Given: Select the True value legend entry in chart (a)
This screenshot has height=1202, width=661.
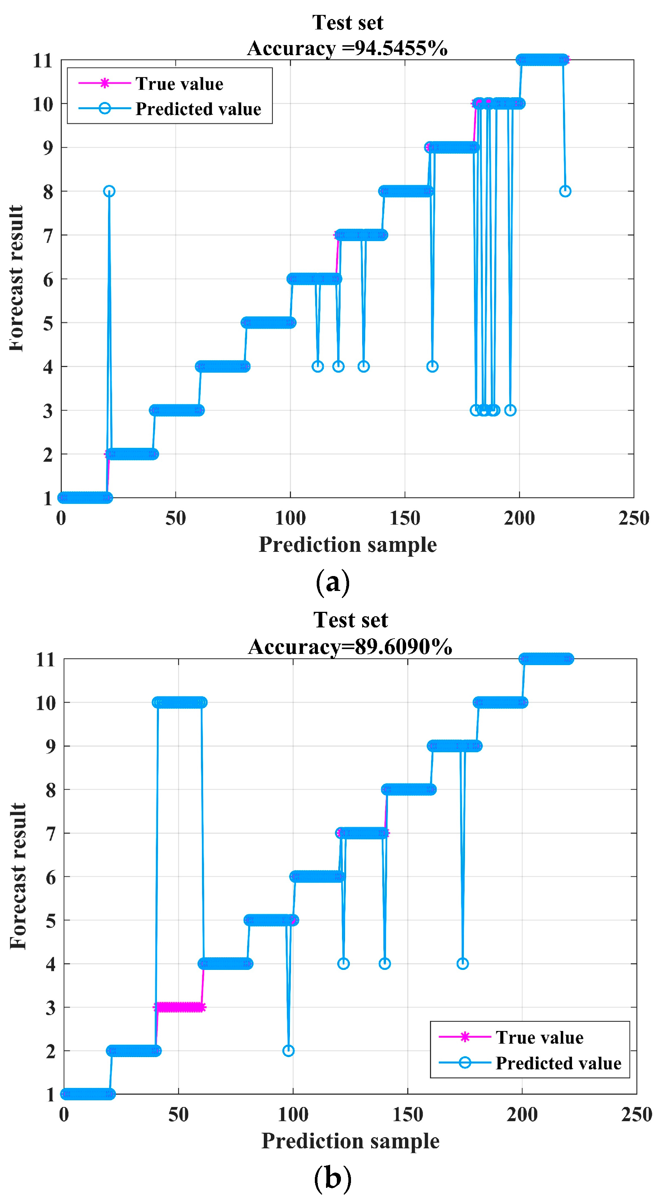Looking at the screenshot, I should click(x=179, y=84).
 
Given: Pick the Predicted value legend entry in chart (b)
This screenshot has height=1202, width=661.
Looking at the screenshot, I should click(x=558, y=1063).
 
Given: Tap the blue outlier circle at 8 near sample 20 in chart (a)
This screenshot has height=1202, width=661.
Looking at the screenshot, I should click(x=109, y=191).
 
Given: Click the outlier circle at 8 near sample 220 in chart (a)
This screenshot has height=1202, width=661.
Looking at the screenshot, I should click(x=565, y=191).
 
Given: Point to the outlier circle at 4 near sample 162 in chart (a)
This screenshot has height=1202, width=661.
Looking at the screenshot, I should click(x=433, y=366).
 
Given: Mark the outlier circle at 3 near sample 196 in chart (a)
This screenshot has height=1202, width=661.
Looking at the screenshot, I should click(x=510, y=410).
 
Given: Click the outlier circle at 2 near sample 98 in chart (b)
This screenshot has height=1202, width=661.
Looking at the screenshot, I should click(x=288, y=1051).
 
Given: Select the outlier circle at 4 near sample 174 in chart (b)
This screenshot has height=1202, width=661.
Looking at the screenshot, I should click(x=462, y=964).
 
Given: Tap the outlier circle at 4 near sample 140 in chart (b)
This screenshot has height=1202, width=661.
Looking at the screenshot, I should click(x=385, y=964).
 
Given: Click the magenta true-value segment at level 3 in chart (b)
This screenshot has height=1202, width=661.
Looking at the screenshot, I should click(x=180, y=1007).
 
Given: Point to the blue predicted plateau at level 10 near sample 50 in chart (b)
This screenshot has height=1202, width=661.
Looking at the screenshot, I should click(x=180, y=702).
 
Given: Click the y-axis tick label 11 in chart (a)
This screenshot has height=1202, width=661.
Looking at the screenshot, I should click(x=42, y=61).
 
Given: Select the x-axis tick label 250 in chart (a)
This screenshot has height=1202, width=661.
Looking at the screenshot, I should click(x=633, y=518).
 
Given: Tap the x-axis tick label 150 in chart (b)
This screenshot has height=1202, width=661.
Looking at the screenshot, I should click(x=407, y=1115).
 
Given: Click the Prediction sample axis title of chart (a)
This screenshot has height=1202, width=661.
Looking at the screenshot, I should click(x=348, y=544).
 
